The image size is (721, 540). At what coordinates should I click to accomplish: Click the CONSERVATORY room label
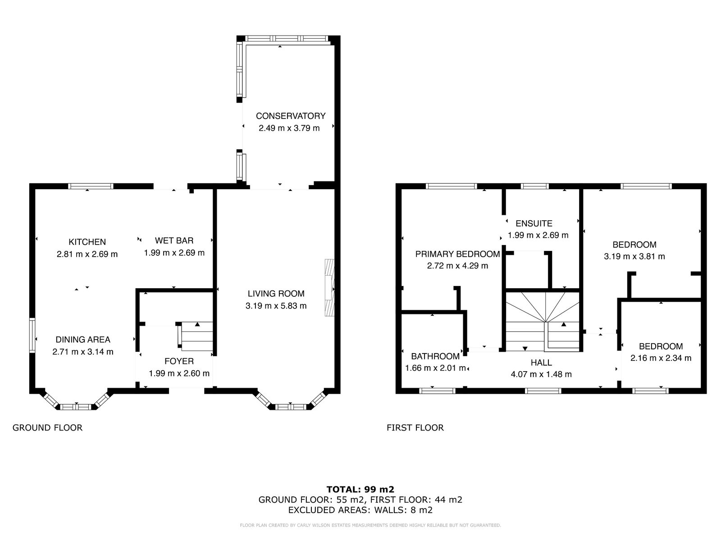pos(290,116)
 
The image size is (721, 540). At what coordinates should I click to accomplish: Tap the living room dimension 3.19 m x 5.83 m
pos(276,306)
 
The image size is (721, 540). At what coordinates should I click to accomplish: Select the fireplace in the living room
pos(329,287)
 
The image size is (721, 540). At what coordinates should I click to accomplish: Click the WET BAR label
pos(174,241)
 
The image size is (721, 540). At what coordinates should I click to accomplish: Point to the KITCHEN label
pos(87,242)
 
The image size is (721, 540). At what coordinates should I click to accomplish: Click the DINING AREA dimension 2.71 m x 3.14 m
pos(83,352)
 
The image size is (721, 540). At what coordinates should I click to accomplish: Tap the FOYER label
pos(179,361)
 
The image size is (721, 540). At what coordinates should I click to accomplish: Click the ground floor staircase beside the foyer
pos(196,336)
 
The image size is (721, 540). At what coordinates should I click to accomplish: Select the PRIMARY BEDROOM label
pos(457,254)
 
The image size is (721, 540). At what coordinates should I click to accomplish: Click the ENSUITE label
pos(534,223)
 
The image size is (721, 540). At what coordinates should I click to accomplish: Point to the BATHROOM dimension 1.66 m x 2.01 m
pos(435,368)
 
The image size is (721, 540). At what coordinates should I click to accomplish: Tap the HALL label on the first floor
pos(541,363)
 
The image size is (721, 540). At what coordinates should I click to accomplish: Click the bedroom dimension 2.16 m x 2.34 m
pos(661,358)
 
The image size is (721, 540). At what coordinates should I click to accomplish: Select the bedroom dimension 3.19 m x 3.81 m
pos(634,256)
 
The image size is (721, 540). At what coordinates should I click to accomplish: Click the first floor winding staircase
pos(542,322)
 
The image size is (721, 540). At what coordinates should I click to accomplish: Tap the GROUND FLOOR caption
pos(47,427)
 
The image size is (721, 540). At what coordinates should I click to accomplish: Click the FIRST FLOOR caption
pos(415,427)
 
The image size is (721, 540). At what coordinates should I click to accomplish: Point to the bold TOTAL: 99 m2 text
pos(360,489)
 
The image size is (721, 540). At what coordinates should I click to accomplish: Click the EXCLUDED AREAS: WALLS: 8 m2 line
pos(360,510)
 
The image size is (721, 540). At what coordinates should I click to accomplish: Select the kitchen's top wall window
pos(91,186)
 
